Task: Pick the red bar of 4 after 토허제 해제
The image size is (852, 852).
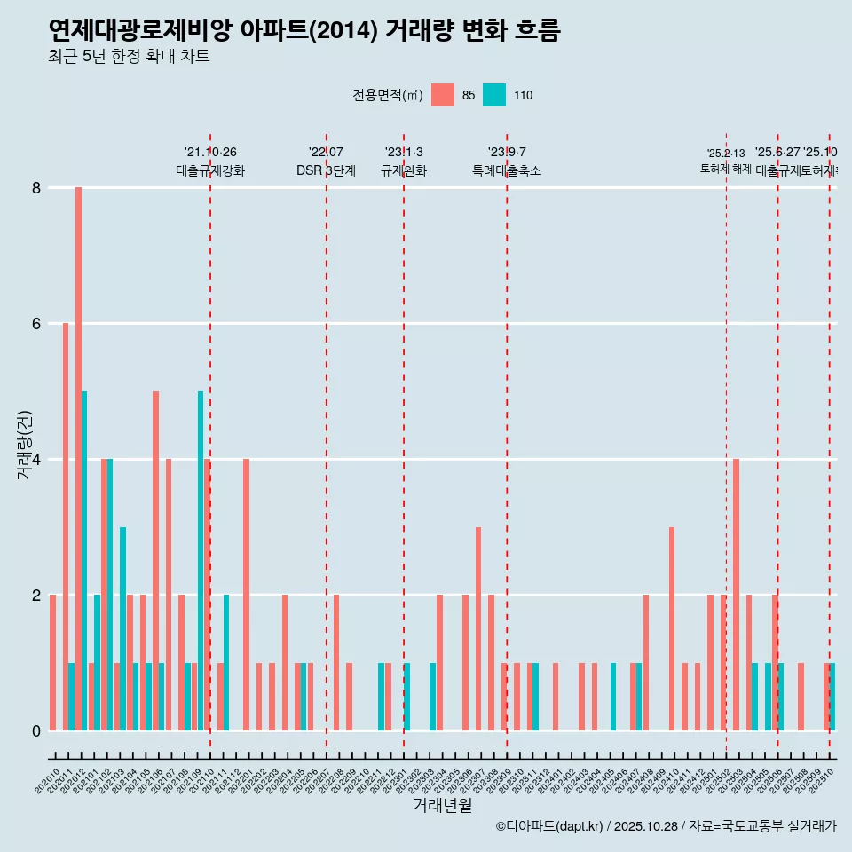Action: [x=736, y=594]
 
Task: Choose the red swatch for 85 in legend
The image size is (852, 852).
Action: [x=442, y=95]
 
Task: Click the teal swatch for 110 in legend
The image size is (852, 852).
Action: [x=494, y=95]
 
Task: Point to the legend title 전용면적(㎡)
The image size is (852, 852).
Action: [x=388, y=96]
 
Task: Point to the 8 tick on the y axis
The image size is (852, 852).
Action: [x=36, y=188]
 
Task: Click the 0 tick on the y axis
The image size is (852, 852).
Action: [x=36, y=730]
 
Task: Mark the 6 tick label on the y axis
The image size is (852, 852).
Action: [x=36, y=324]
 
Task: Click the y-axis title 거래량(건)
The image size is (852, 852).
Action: [x=24, y=446]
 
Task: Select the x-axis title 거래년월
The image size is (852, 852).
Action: [x=442, y=804]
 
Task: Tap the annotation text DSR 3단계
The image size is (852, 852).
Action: [x=326, y=170]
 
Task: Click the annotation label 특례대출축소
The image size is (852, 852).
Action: [x=507, y=170]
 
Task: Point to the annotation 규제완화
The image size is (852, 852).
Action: [x=404, y=170]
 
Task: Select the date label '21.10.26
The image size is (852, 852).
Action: [x=210, y=153]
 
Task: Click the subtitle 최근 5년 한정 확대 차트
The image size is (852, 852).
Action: [x=129, y=57]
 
